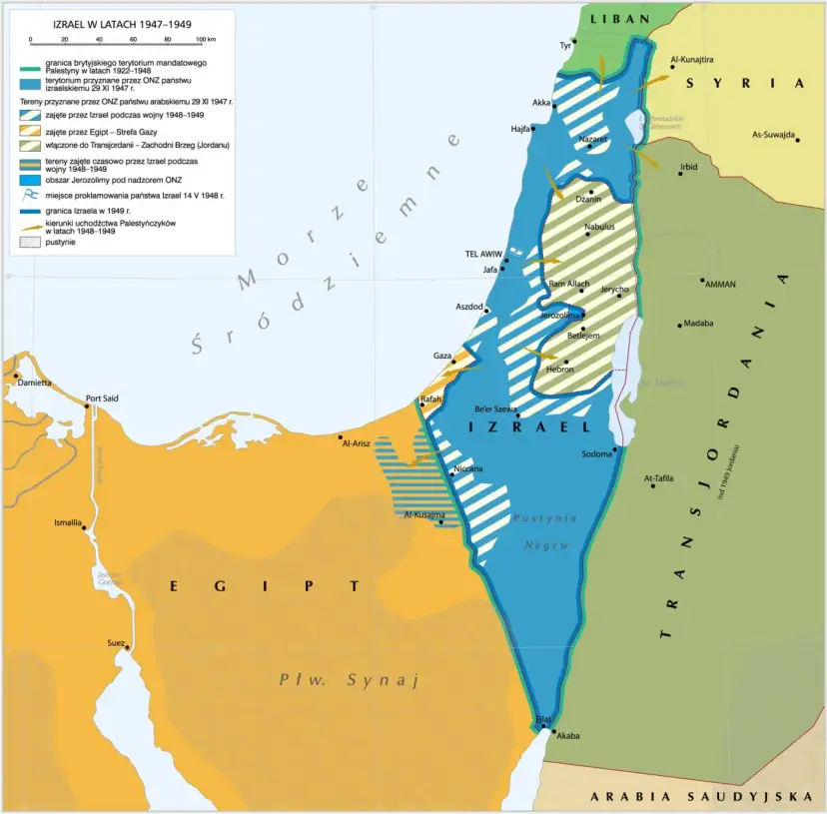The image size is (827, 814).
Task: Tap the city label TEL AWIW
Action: point(482,254)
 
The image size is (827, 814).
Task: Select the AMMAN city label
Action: point(720,285)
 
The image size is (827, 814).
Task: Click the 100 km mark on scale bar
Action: point(203,40)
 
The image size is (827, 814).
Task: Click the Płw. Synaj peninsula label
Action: point(347,680)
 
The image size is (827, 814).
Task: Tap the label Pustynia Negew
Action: point(544,531)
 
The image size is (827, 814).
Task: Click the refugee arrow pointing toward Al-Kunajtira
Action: point(654,78)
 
